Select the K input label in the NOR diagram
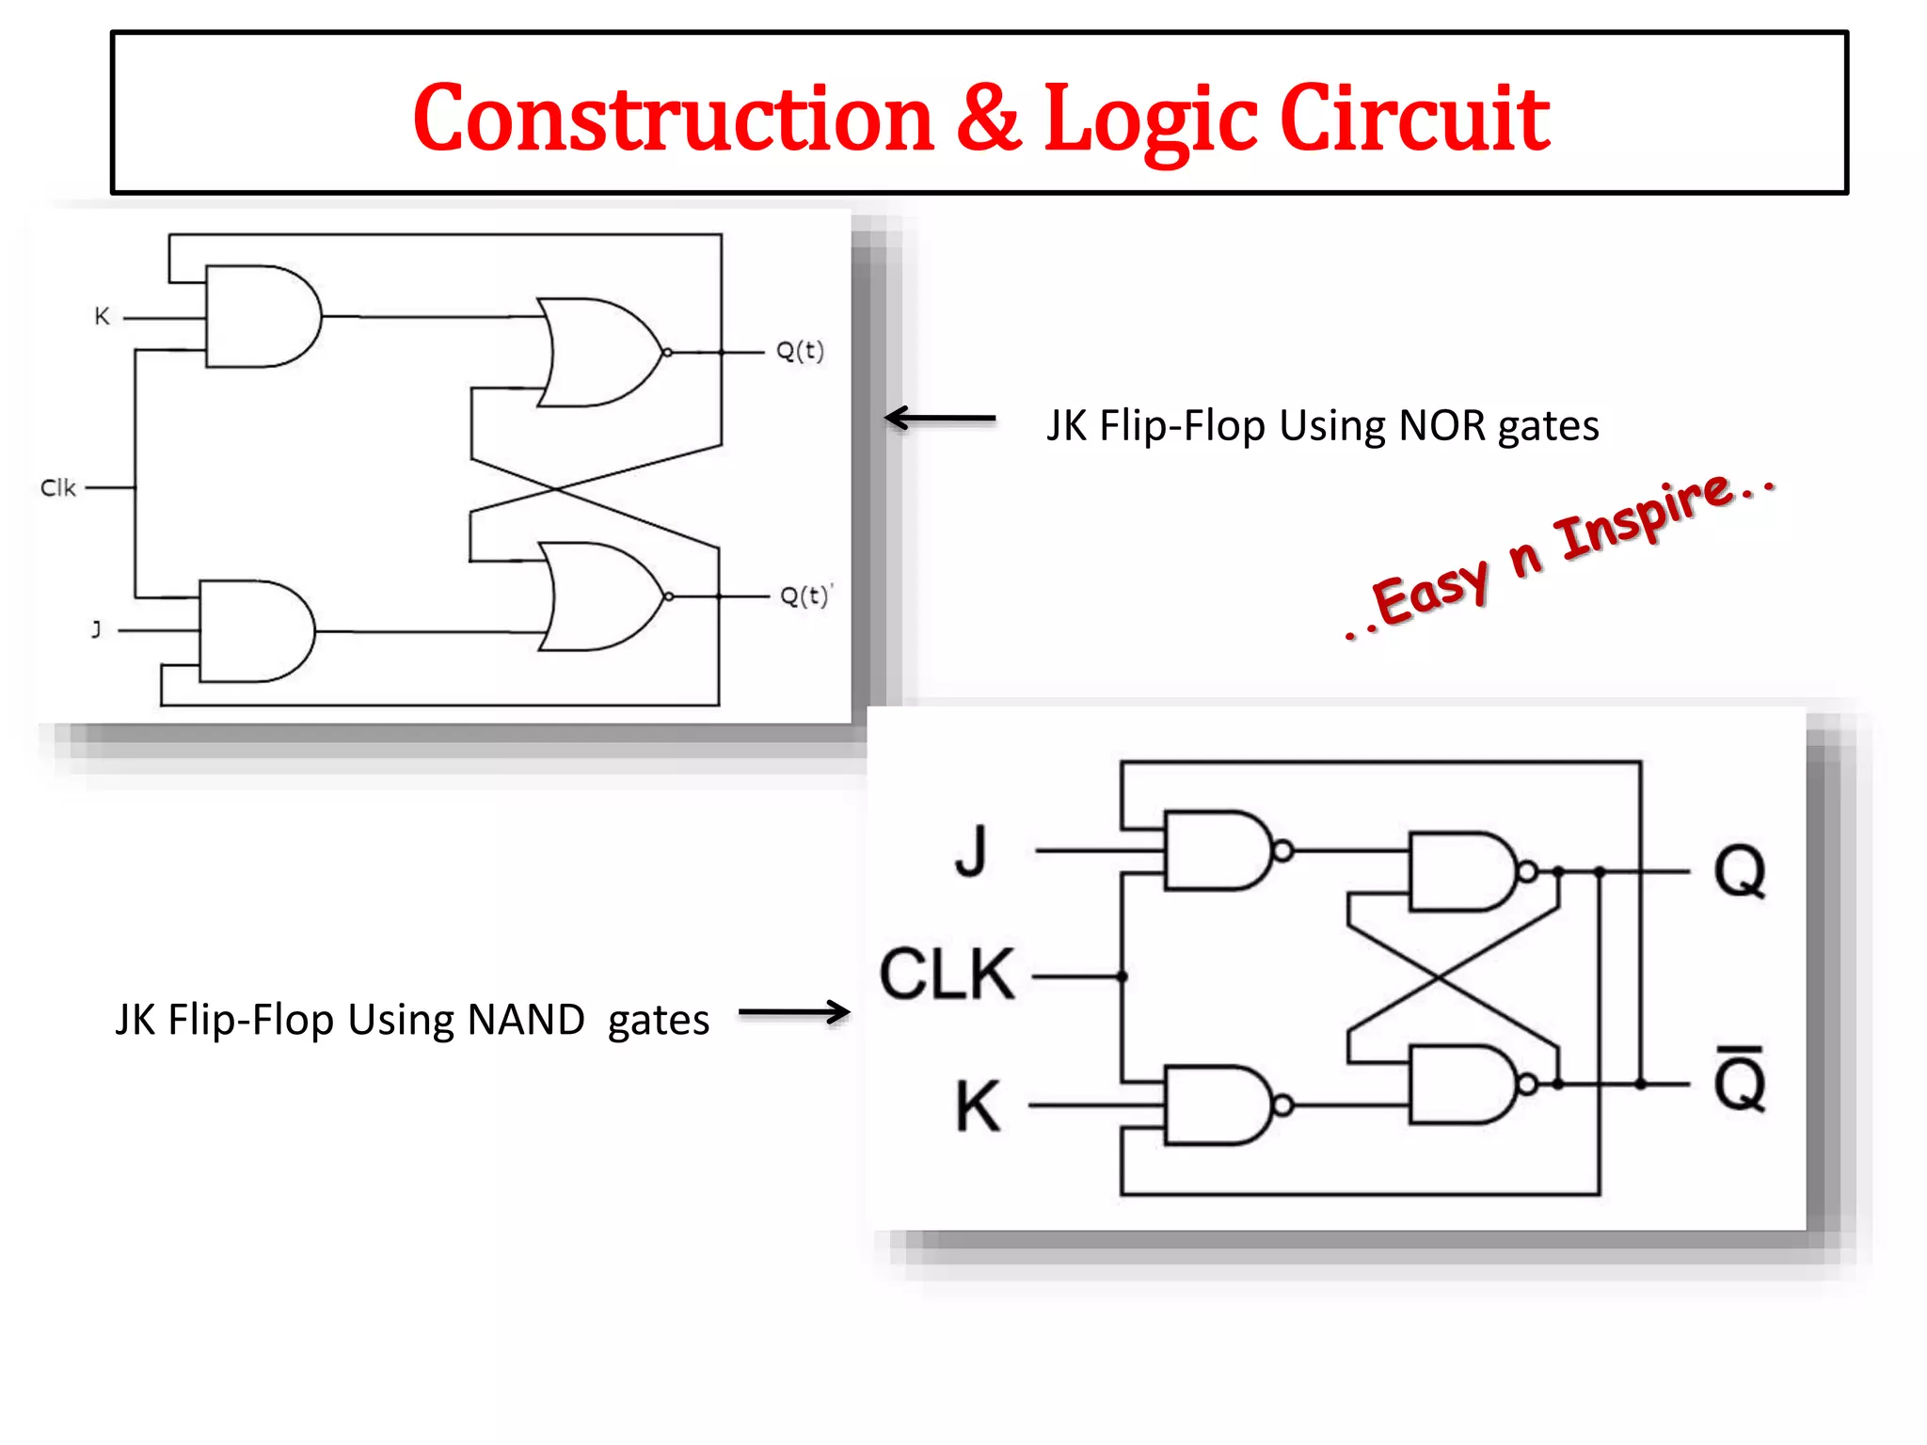[x=103, y=316]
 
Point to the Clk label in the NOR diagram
[x=57, y=487]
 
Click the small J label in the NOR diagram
[x=96, y=628]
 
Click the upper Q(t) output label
[x=800, y=351]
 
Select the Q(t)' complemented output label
[x=805, y=595]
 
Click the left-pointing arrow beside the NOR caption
[x=939, y=418]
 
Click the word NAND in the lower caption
[x=526, y=1020]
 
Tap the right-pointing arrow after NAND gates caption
[x=794, y=1012]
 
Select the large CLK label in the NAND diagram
[x=947, y=975]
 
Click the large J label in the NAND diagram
[x=971, y=850]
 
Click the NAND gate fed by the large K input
[x=1219, y=1105]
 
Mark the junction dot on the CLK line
[x=1122, y=977]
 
